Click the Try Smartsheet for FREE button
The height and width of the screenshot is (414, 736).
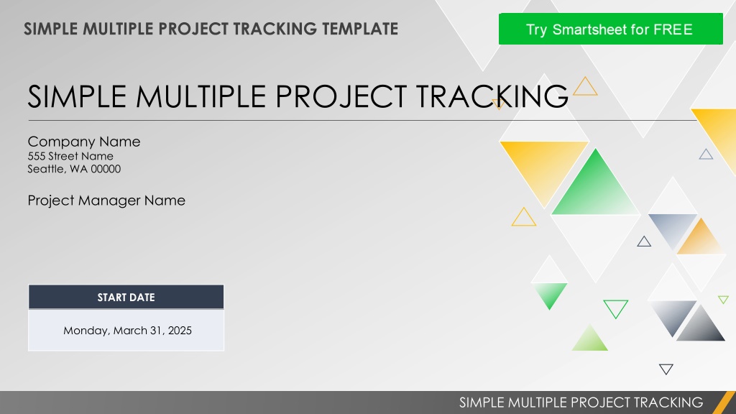(x=610, y=29)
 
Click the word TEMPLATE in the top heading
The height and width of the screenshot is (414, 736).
(x=360, y=29)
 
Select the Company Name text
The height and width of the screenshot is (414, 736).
(x=84, y=142)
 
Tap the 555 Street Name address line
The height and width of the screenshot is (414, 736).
(x=70, y=156)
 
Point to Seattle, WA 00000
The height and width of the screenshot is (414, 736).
(x=74, y=169)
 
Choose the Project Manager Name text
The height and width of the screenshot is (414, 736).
(x=106, y=201)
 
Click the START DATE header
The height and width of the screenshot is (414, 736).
(x=126, y=297)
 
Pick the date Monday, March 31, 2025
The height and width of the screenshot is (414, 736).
(x=128, y=331)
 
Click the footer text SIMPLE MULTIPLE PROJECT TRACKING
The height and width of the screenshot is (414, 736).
(x=581, y=402)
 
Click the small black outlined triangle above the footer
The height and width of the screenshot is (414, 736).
(x=666, y=369)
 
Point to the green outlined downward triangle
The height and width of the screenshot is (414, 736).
(x=616, y=308)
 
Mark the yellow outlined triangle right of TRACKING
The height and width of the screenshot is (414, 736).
(x=585, y=87)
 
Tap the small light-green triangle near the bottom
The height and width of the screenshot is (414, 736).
(x=590, y=340)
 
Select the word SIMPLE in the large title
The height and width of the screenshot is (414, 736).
(x=77, y=96)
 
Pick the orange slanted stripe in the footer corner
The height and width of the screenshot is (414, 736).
(x=724, y=402)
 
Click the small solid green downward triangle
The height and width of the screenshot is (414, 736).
(x=549, y=295)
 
